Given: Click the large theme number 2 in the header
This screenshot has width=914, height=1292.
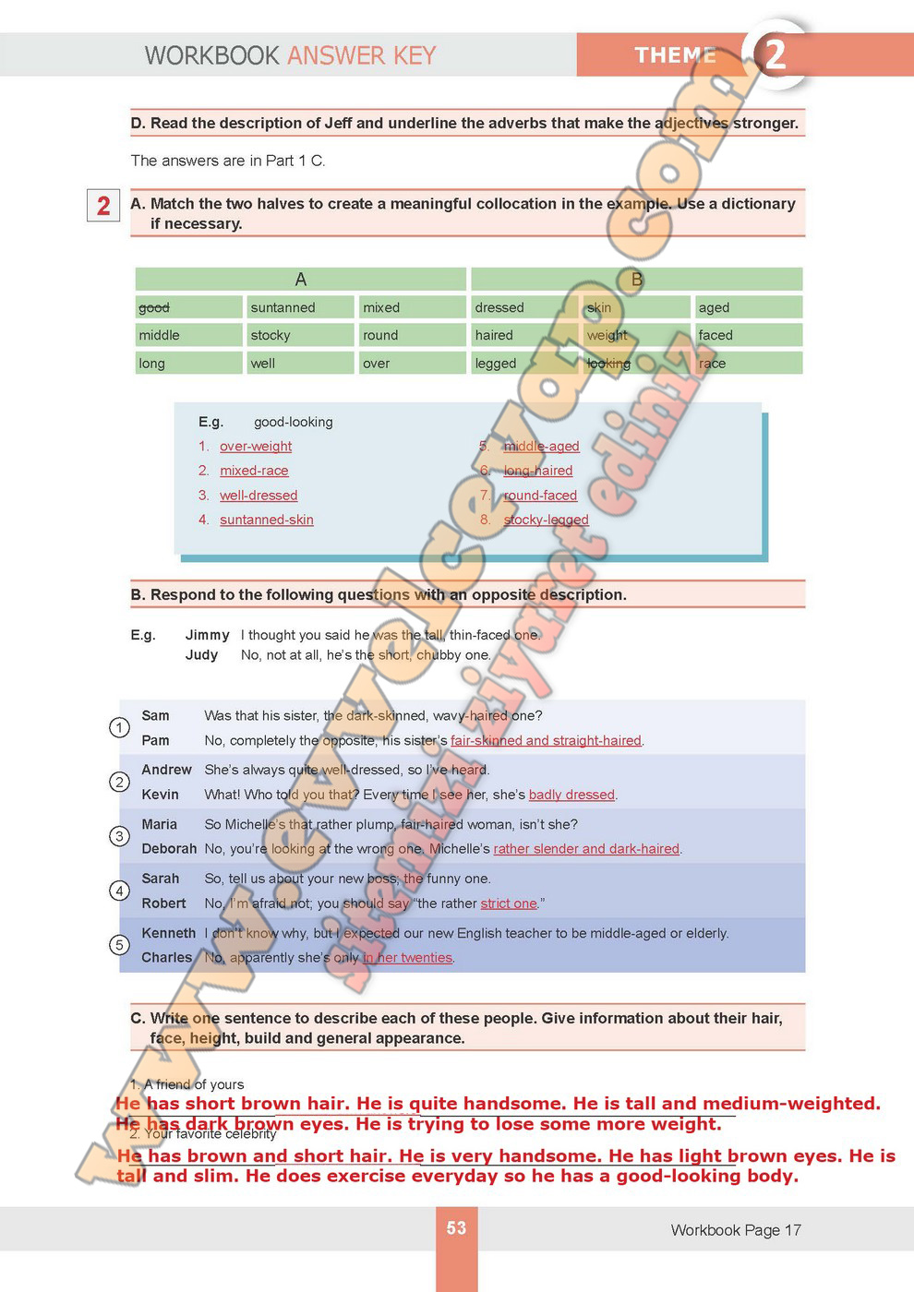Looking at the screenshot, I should click(775, 54).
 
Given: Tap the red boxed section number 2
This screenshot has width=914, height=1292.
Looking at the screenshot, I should click(103, 205).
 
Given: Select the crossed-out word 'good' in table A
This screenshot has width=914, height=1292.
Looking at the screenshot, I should click(154, 307).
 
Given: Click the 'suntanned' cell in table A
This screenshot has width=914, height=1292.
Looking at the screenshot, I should click(283, 307).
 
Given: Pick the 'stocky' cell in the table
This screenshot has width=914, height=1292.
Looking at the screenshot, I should click(271, 335).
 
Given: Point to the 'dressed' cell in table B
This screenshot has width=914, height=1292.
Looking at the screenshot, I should click(499, 307).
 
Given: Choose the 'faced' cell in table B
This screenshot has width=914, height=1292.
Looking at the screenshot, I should click(716, 335).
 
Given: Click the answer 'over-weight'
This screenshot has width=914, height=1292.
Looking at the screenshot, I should click(256, 447).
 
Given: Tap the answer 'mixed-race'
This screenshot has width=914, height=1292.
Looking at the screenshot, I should click(254, 471).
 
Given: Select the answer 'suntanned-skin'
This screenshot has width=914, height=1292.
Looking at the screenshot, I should click(267, 520).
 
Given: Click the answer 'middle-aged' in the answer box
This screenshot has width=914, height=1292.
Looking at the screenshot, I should click(541, 447).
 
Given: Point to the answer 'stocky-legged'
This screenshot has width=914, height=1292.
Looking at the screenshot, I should click(546, 520).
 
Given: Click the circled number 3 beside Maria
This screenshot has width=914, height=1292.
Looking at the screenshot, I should click(119, 836).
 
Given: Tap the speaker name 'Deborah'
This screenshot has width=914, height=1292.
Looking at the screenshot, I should click(169, 849).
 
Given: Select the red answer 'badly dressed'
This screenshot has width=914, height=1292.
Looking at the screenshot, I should click(571, 795).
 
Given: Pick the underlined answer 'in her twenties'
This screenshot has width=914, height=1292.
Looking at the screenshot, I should click(408, 958).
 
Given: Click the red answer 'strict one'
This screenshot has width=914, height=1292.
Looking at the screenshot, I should click(509, 903).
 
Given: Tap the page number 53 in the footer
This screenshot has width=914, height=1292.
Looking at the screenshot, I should click(456, 1227).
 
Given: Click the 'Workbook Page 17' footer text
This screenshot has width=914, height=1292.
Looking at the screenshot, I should click(736, 1230).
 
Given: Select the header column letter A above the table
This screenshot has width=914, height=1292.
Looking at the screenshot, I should click(300, 279).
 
